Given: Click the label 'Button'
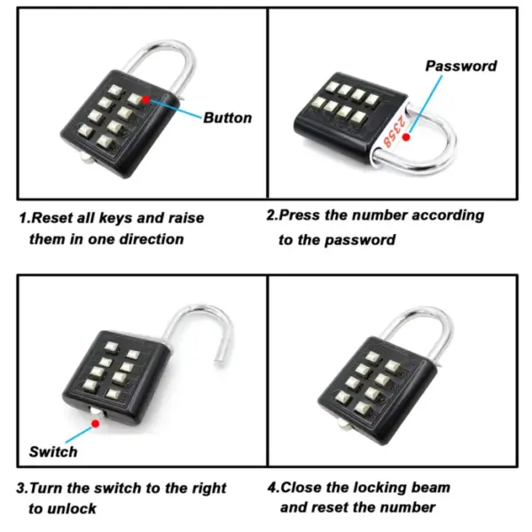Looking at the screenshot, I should point(228,118).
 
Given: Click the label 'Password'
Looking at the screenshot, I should point(461,66).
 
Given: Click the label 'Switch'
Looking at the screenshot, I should point(53,451).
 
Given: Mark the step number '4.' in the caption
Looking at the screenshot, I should point(274,488).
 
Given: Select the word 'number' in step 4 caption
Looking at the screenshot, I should point(408,508).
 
